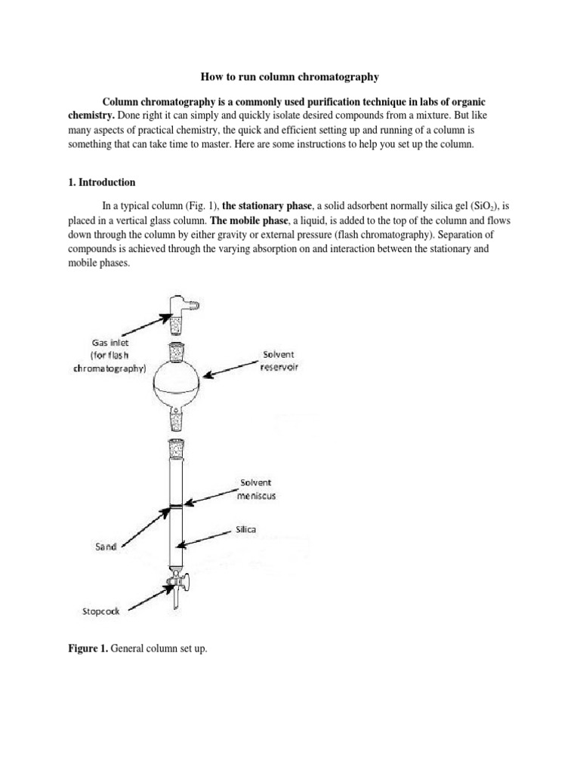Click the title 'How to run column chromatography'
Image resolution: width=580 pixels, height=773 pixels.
tap(289, 77)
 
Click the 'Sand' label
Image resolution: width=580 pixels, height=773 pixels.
tap(105, 547)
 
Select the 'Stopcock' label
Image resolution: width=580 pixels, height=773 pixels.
tap(100, 611)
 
